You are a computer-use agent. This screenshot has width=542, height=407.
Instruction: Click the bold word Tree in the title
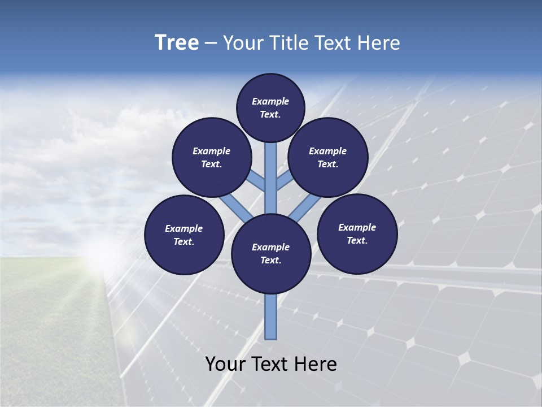[177, 43]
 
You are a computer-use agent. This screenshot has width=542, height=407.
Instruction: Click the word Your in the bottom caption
[226, 364]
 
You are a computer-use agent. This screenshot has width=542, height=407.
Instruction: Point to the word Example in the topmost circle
[270, 101]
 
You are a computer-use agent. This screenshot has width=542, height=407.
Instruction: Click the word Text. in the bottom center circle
[270, 261]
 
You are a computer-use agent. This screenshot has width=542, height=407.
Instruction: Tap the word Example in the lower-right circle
[357, 227]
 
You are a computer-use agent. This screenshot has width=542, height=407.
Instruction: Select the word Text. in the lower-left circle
[184, 242]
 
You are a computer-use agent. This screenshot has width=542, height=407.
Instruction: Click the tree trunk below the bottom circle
[271, 317]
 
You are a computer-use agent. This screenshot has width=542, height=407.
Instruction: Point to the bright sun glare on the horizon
[104, 254]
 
